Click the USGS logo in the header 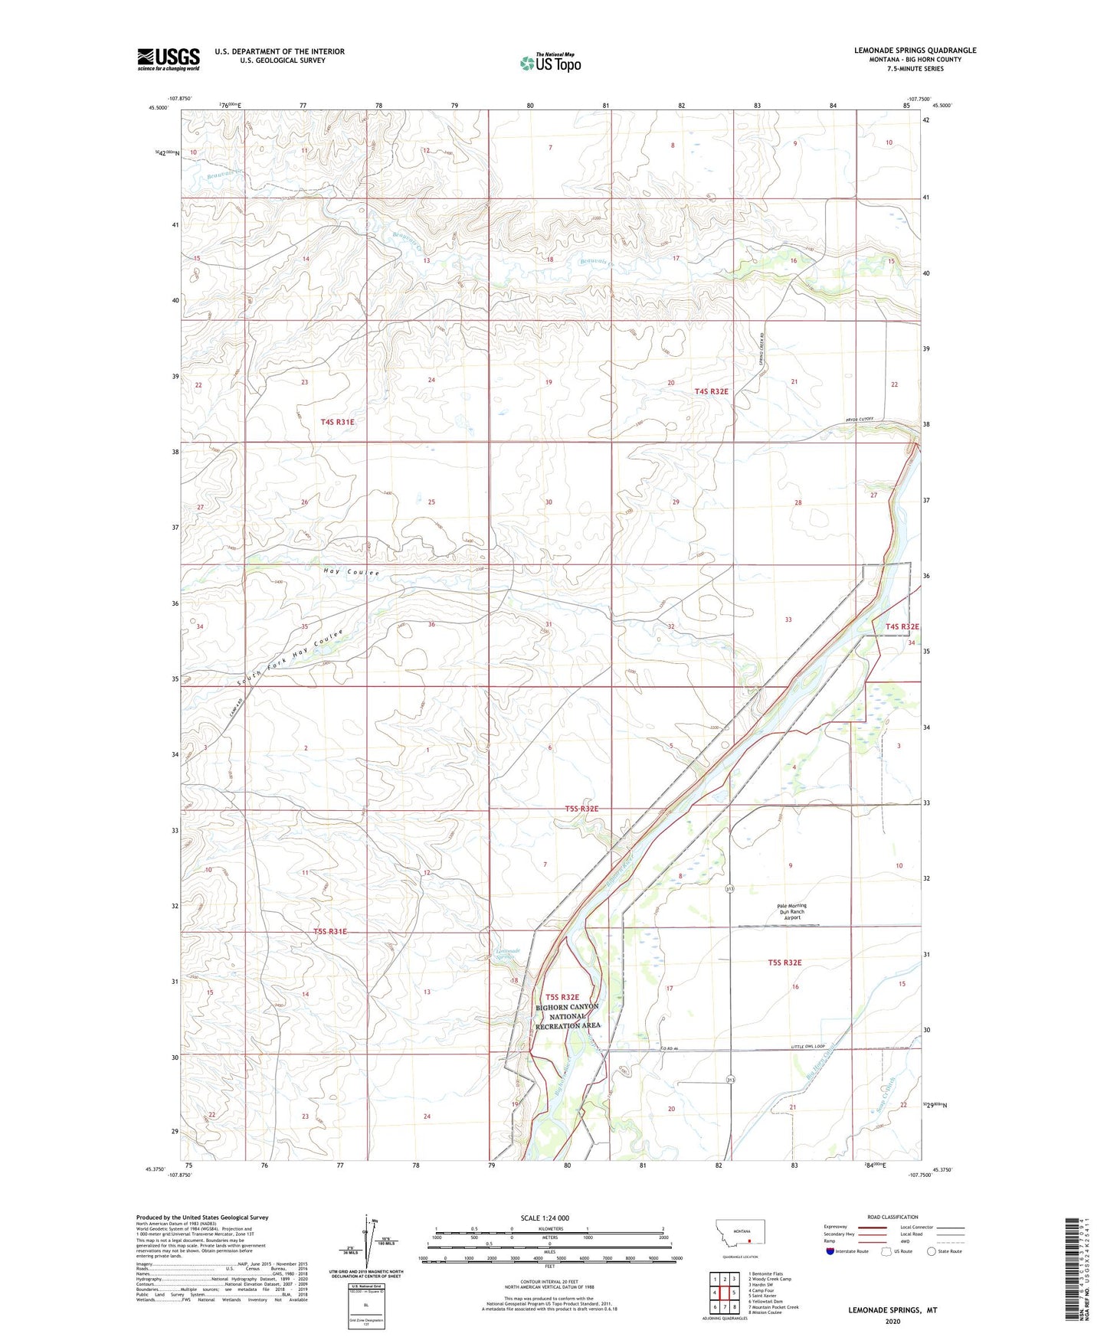(x=169, y=58)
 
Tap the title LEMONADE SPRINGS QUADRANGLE (x=915, y=51)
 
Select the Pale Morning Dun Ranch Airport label (x=791, y=911)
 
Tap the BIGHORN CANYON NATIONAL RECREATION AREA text (x=568, y=1015)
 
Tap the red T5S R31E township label (x=330, y=931)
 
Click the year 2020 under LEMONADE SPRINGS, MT (x=892, y=1322)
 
